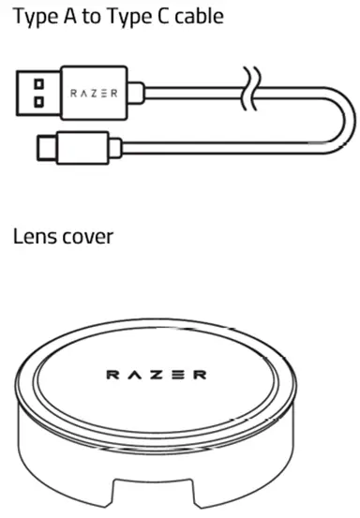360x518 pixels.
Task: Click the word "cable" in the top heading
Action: pyautogui.click(x=195, y=18)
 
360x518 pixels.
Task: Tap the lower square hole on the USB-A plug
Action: pyautogui.click(x=38, y=101)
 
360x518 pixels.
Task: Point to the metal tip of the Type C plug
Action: pyautogui.click(x=42, y=147)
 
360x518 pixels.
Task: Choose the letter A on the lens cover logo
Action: pyautogui.click(x=134, y=376)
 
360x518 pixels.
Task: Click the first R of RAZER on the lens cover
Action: pyautogui.click(x=112, y=376)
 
